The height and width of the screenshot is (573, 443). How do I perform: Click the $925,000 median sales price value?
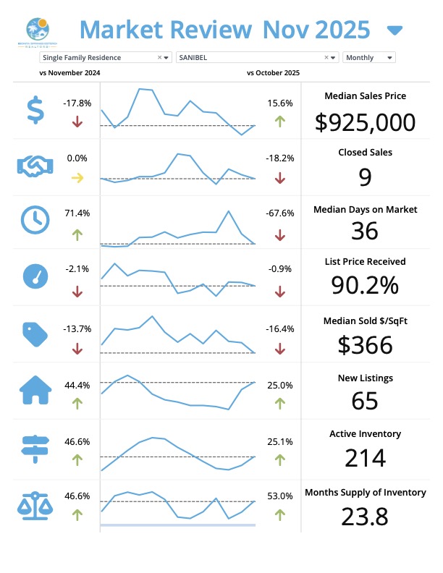pyautogui.click(x=366, y=122)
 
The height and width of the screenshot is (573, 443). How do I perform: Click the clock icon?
pyautogui.click(x=35, y=220)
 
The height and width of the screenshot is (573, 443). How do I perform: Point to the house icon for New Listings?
pyautogui.click(x=35, y=391)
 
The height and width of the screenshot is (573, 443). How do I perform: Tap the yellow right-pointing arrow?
pyautogui.click(x=77, y=177)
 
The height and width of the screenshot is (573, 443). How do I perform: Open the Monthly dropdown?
pyautogui.click(x=369, y=57)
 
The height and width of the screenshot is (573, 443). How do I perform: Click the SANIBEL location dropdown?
pyautogui.click(x=256, y=57)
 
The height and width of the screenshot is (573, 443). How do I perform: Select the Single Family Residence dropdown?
pyautogui.click(x=105, y=57)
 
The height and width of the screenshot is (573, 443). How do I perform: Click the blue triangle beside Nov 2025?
pyautogui.click(x=395, y=30)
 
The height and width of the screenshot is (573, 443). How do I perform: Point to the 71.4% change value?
pyautogui.click(x=77, y=213)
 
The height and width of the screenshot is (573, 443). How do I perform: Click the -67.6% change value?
pyautogui.click(x=280, y=213)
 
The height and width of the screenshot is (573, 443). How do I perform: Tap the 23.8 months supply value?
pyautogui.click(x=366, y=517)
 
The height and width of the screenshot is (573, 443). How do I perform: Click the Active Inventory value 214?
pyautogui.click(x=366, y=459)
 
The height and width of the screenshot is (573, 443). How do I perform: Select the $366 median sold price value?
pyautogui.click(x=366, y=344)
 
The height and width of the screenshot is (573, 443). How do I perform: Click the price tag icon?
pyautogui.click(x=34, y=334)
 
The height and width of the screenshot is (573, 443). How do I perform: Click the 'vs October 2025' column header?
pyautogui.click(x=273, y=73)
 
